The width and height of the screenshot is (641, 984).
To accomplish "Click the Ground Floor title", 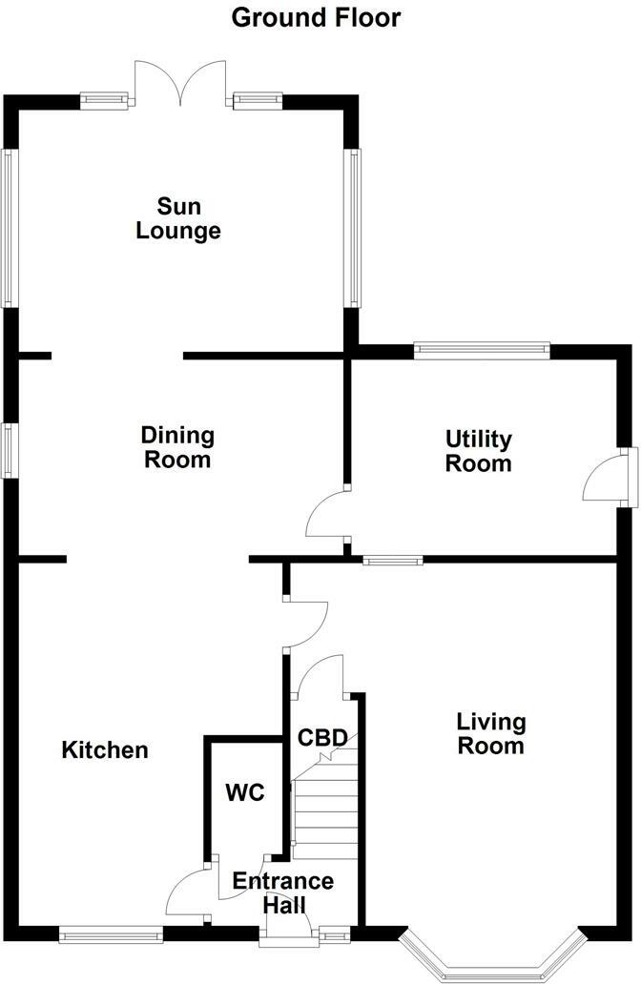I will click(x=317, y=17).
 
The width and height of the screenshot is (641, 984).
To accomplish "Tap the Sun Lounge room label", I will click(x=178, y=218).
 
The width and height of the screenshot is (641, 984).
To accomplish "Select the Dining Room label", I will click(x=177, y=447).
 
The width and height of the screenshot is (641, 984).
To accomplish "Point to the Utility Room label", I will click(x=479, y=452).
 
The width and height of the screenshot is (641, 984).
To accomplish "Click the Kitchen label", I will click(x=105, y=750).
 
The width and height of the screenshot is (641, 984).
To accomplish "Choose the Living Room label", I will click(x=490, y=733).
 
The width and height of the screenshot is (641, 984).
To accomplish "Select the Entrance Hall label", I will click(x=283, y=893).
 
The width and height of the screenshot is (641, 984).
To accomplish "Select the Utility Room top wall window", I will click(x=483, y=351).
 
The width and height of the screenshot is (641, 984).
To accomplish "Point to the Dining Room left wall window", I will click(x=9, y=450).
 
